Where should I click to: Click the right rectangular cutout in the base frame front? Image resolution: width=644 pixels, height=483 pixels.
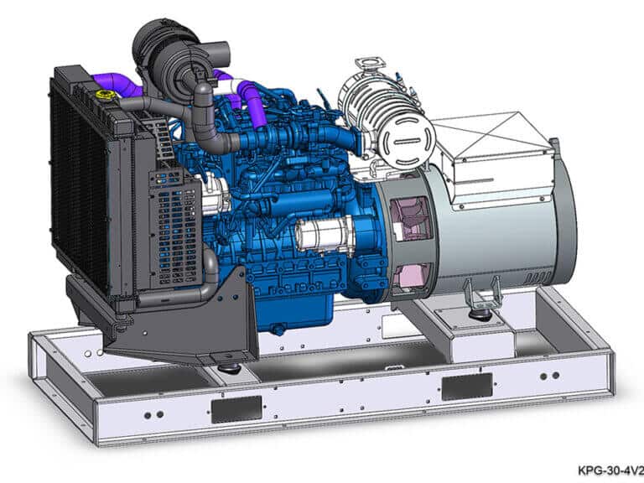[466, 386]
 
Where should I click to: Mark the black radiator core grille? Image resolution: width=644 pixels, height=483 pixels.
[80, 184]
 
